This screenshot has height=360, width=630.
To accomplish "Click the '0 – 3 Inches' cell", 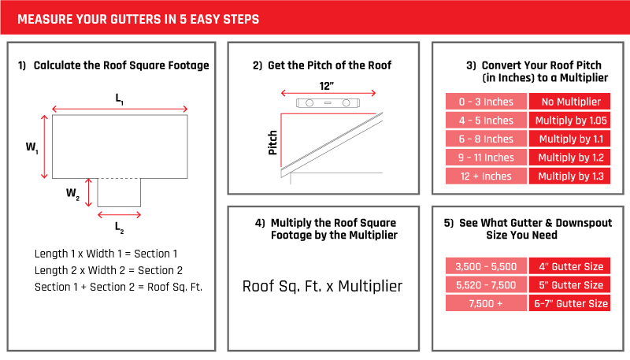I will coord(486,102).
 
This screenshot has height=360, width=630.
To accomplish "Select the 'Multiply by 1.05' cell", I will coord(569,121).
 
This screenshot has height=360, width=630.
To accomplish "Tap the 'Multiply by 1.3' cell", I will coord(569,176).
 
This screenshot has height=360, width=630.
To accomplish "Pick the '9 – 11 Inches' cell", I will coord(486,158).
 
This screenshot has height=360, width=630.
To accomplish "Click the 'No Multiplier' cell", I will coord(569,102).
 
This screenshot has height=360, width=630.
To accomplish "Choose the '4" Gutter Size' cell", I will coord(569,265).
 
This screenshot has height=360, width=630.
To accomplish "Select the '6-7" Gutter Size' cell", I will coord(569,303).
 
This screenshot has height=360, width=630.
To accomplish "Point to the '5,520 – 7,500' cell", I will coord(486,284).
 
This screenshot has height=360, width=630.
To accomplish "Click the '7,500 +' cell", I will coord(486,303).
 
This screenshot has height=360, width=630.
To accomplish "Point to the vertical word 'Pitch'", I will coord(273,142).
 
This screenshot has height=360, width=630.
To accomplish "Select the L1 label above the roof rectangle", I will coord(119,98).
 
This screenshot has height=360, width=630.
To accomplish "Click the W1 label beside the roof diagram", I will coord(32,147).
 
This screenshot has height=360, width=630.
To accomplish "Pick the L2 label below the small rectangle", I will coord(119,227).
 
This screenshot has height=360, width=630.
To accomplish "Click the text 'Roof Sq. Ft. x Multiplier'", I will coord(322,286).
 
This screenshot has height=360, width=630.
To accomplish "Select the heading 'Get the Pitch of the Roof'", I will coord(330,65).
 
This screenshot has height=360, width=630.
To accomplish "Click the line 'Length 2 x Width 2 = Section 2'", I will coord(109,270).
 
